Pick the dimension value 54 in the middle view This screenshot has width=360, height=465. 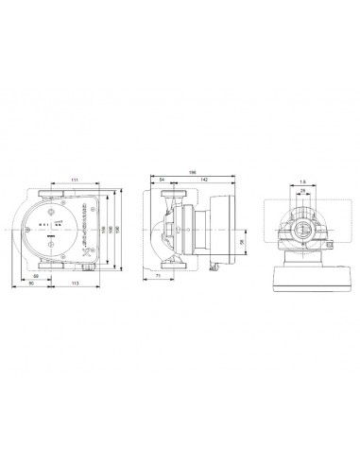coord(163,179)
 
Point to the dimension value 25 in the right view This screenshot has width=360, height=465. coord(301,190)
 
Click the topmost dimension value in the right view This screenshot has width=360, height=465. coord(301,181)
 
